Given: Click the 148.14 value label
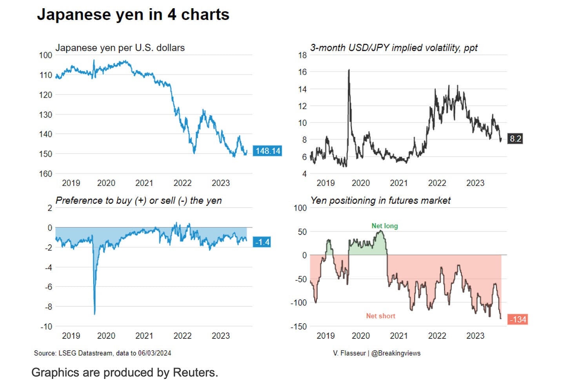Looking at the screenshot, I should (x=268, y=151).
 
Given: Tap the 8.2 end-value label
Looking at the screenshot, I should (x=515, y=138).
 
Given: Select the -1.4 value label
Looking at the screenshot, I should (x=262, y=242).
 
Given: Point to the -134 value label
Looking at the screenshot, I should (x=518, y=319).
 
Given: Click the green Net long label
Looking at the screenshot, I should (x=385, y=226).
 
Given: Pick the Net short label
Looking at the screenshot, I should (x=380, y=316).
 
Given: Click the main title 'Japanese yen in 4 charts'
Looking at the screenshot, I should (x=133, y=15).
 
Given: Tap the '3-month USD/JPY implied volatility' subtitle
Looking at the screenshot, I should (x=394, y=48).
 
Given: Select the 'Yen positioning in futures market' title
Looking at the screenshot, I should (x=380, y=200).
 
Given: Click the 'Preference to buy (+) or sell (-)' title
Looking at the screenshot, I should (x=138, y=200).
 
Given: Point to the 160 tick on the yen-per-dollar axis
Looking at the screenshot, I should (x=45, y=174).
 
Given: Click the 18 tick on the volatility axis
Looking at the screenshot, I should (x=302, y=55).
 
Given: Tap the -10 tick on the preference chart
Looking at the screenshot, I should (x=46, y=326).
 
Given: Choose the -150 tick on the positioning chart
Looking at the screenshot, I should (x=298, y=326).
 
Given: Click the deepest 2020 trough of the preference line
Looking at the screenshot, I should (x=95, y=313).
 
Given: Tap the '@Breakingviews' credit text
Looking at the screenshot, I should (x=396, y=353).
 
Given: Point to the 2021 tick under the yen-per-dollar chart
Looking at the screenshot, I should (x=144, y=183).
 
